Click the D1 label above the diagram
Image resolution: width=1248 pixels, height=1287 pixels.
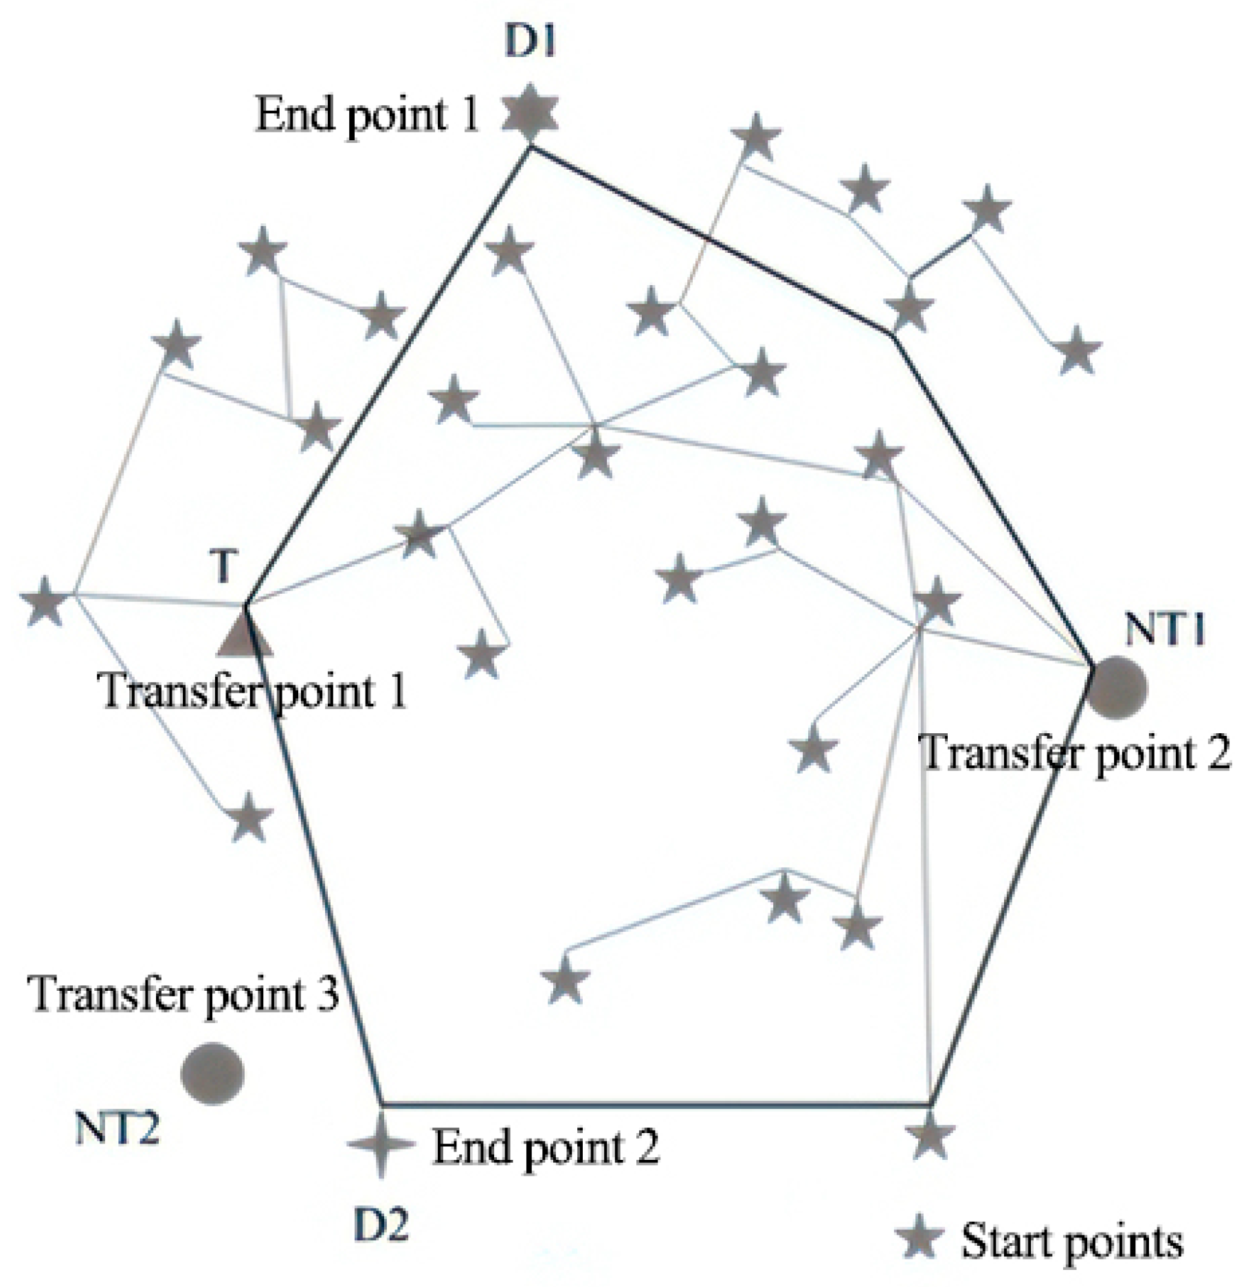click(530, 43)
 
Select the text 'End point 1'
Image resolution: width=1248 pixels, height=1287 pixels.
click(367, 115)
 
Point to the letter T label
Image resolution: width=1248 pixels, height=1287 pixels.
click(223, 567)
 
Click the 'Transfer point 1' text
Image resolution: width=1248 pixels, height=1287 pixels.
click(253, 691)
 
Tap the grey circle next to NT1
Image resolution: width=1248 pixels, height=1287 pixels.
click(1117, 688)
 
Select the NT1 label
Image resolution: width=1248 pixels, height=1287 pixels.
click(1166, 629)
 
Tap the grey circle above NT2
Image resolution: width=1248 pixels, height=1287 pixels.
click(212, 1074)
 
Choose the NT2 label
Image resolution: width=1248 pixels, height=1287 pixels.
click(117, 1128)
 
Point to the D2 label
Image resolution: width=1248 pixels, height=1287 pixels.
click(381, 1224)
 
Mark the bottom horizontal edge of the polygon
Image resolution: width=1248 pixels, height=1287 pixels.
click(653, 1105)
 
